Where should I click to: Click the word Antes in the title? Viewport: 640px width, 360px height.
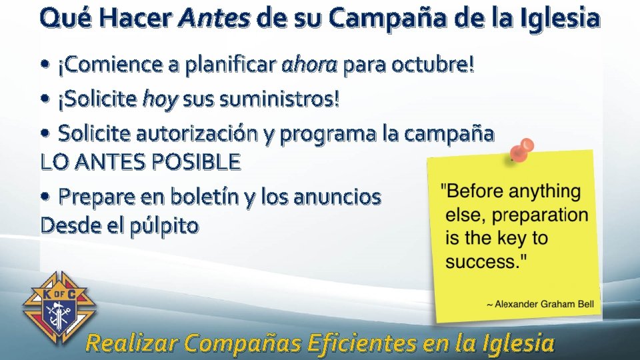(x=215, y=19)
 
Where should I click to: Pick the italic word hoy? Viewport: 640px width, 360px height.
(x=160, y=100)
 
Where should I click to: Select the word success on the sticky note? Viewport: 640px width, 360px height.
(x=480, y=261)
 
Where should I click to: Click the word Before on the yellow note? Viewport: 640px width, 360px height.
(x=475, y=192)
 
